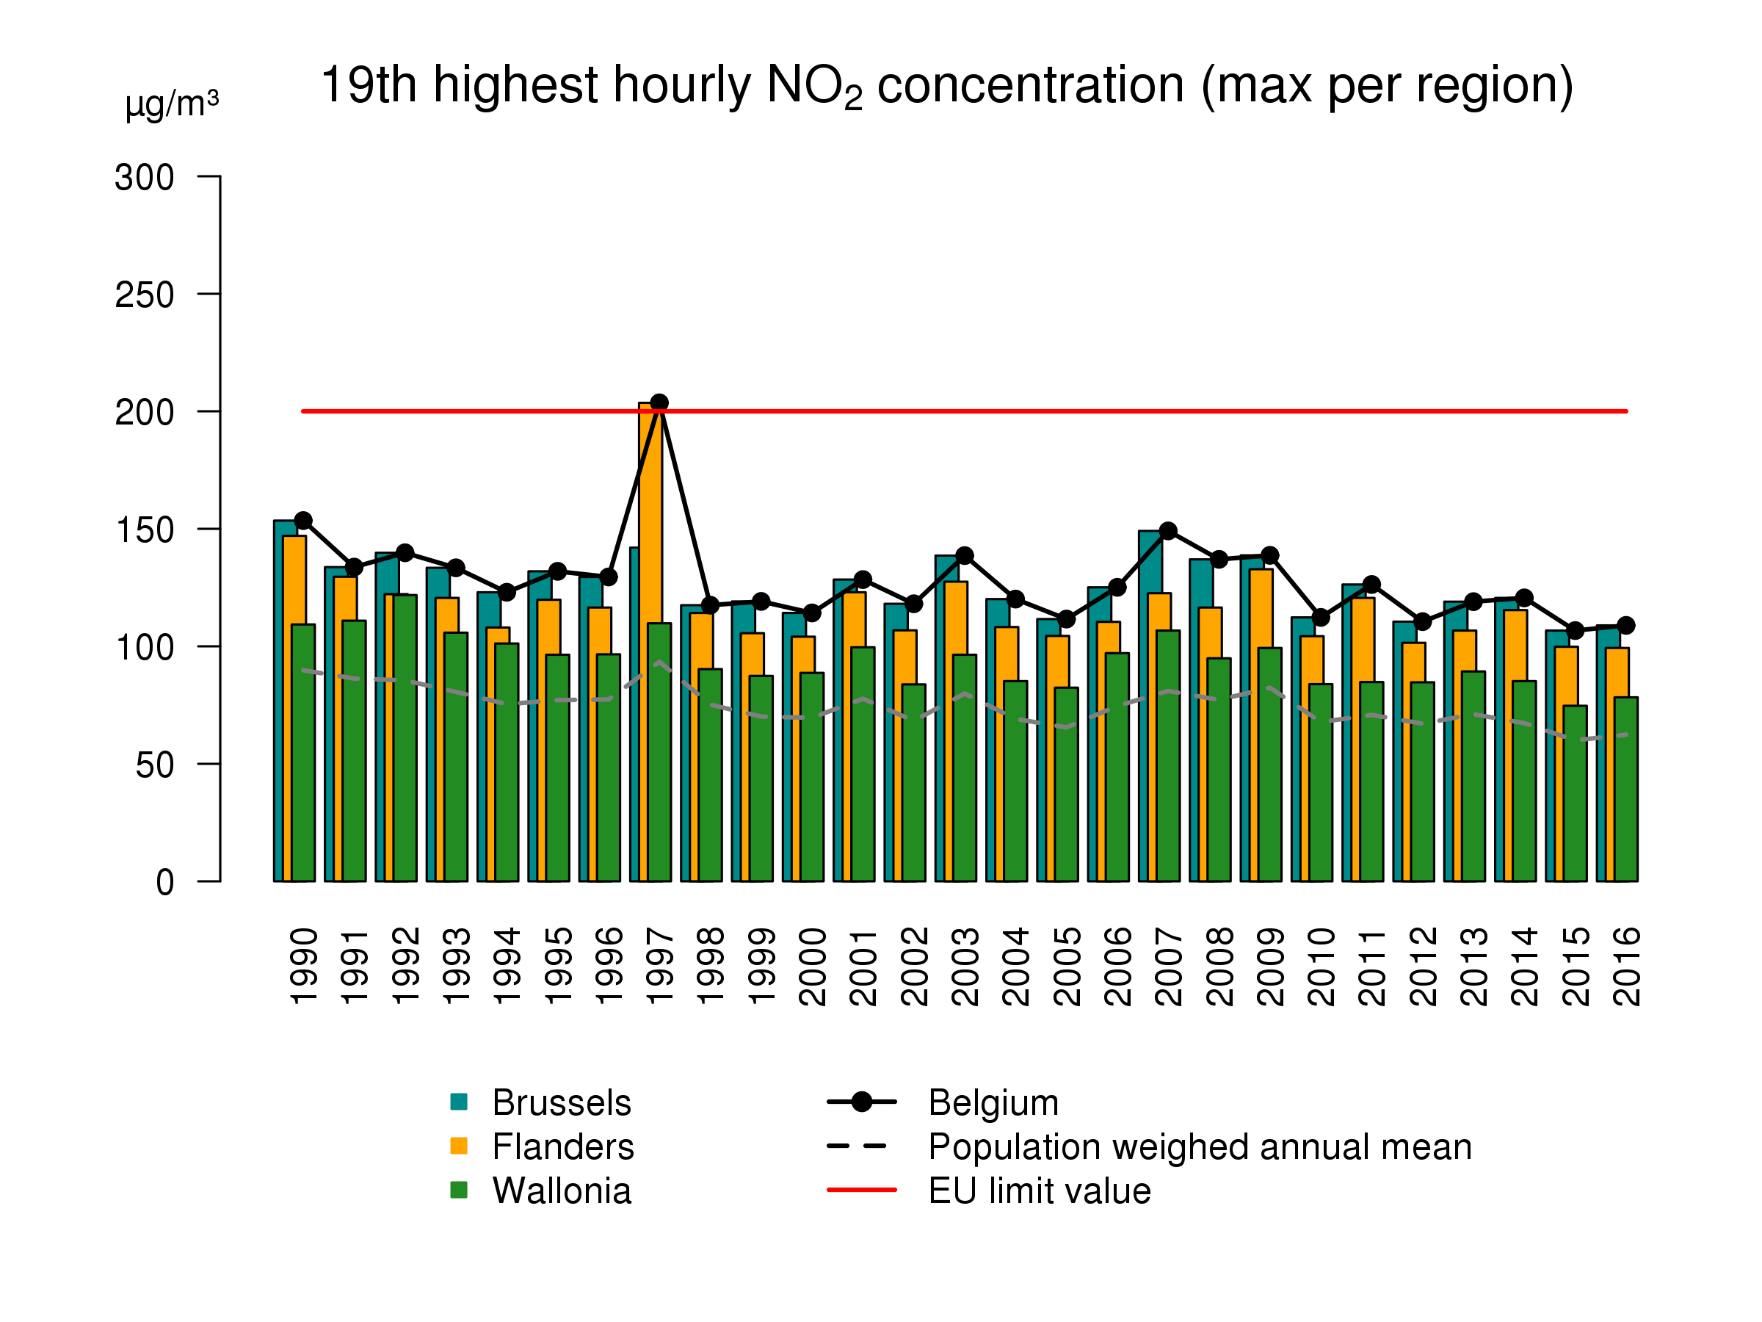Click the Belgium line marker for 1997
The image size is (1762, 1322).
(659, 402)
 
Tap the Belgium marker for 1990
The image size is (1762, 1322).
(302, 520)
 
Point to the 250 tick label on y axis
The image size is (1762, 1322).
(144, 295)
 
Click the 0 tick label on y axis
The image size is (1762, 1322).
(164, 882)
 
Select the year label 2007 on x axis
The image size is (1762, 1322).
(1169, 966)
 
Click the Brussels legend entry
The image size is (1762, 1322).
(561, 1103)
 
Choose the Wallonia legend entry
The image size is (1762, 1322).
(561, 1191)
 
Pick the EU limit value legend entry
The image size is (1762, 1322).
(1039, 1191)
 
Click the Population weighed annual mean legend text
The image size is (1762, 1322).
(1199, 1146)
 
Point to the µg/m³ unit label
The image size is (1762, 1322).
(171, 104)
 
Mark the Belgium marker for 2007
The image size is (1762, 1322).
(1168, 531)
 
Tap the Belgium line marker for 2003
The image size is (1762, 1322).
(965, 555)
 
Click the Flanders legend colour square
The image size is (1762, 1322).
(458, 1146)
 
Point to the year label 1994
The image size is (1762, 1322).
(507, 966)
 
